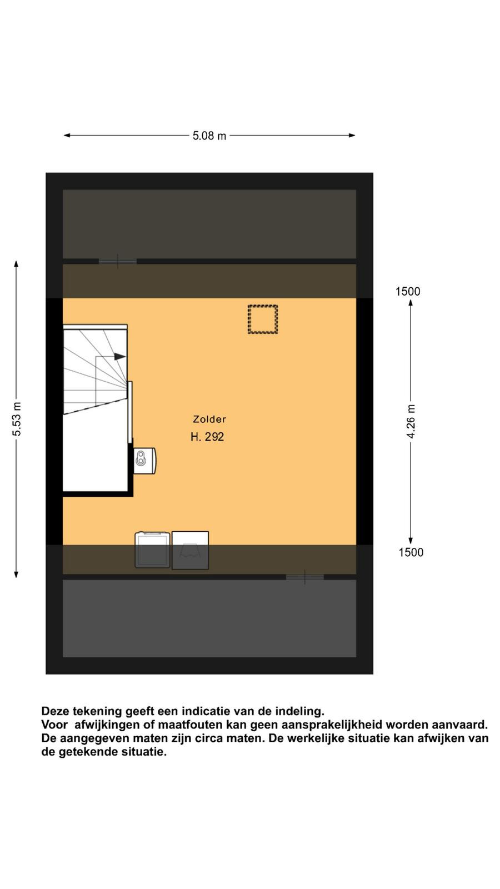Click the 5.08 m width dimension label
click(x=209, y=136)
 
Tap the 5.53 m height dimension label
click(x=16, y=419)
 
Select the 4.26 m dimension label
click(x=411, y=422)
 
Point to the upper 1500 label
click(x=408, y=292)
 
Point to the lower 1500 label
click(x=411, y=552)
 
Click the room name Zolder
click(x=209, y=419)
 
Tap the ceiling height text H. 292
click(x=207, y=437)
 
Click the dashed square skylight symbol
click(x=263, y=319)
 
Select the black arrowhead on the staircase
click(x=120, y=356)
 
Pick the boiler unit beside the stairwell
click(x=144, y=461)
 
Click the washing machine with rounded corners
click(x=152, y=550)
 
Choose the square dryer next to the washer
click(x=190, y=551)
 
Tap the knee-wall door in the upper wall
click(x=117, y=262)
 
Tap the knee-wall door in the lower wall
click(x=305, y=577)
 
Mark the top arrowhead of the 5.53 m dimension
click(x=16, y=264)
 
